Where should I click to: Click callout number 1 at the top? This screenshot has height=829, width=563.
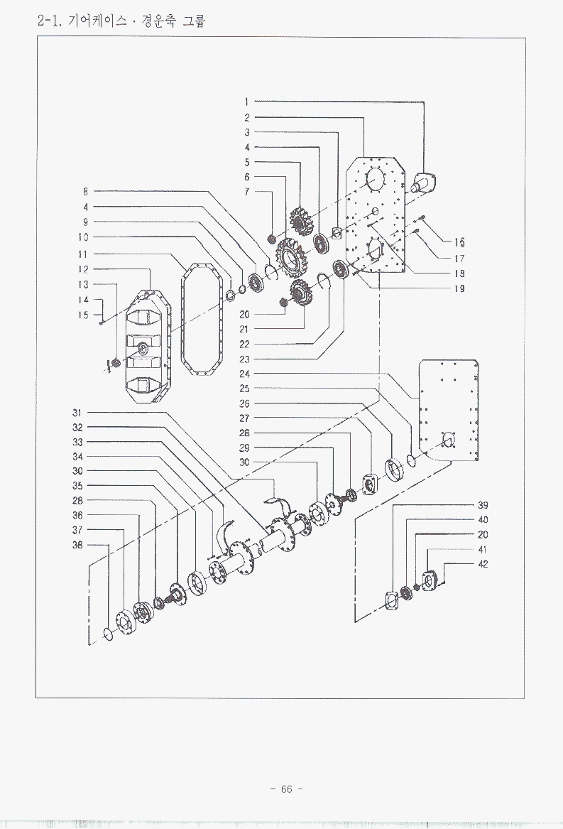247,102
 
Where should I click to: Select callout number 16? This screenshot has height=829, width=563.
459,243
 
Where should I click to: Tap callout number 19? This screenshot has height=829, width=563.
459,288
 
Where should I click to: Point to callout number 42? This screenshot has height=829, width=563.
483,564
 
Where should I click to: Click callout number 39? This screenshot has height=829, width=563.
483,505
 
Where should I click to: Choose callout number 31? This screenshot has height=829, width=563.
77,413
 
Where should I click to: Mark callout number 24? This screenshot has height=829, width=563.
244,374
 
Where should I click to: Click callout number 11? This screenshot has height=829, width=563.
83,254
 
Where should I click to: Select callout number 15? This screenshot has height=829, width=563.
83,315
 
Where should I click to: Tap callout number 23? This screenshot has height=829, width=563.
244,359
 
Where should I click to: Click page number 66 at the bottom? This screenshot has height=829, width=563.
287,789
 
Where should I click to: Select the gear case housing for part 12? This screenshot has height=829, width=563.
146,348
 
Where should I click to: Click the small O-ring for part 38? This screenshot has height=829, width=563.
108,634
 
